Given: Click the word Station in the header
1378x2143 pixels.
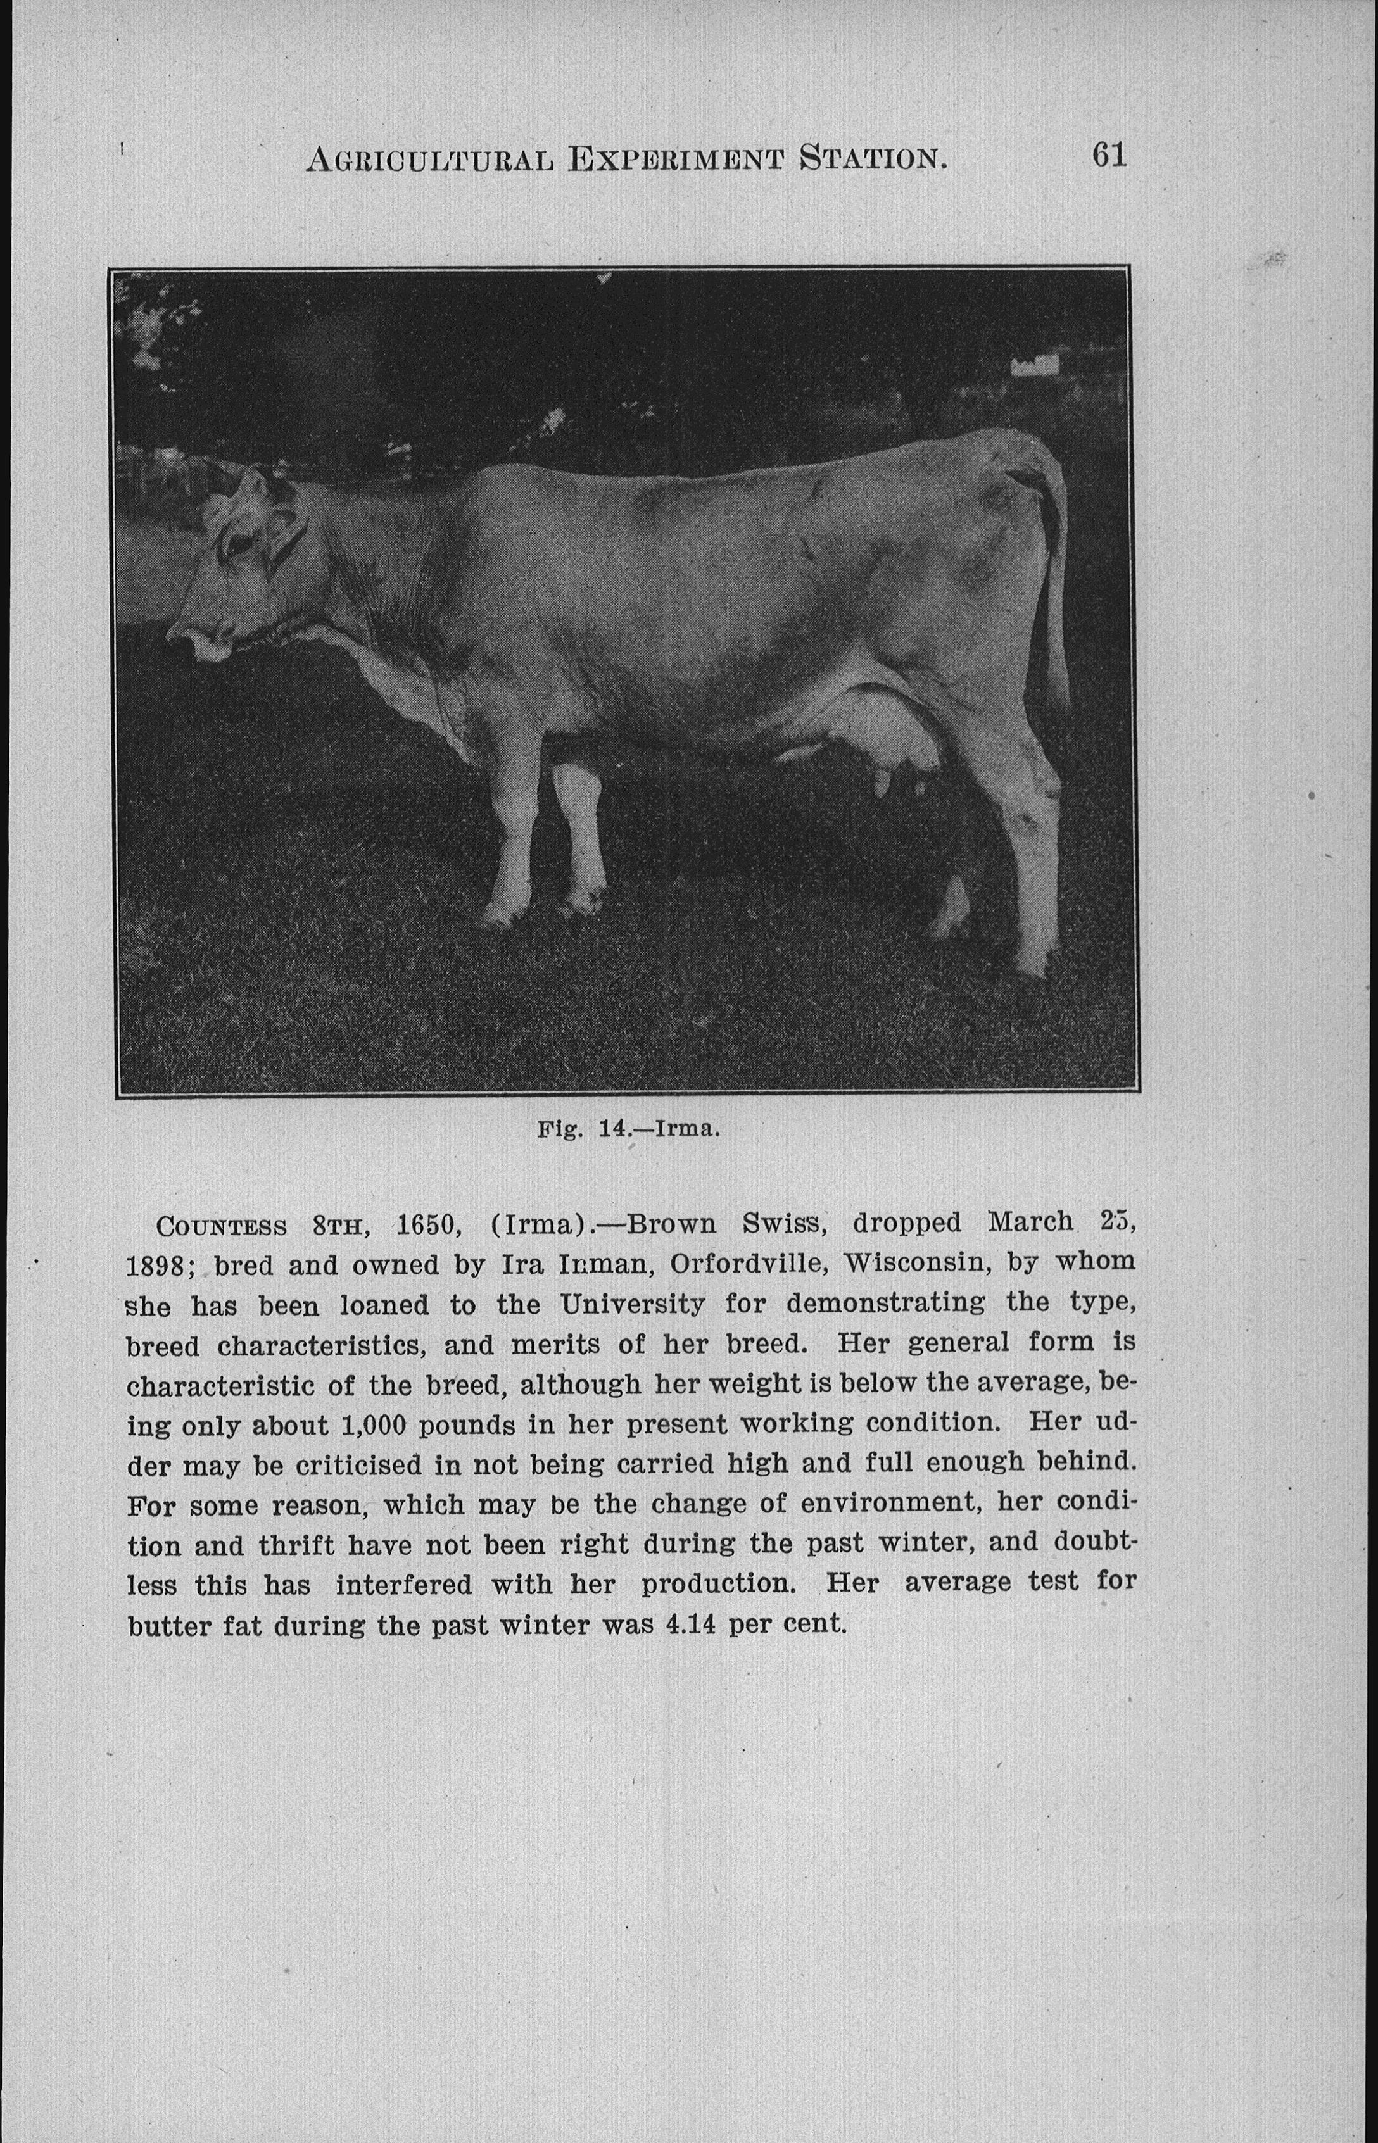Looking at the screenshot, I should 873,159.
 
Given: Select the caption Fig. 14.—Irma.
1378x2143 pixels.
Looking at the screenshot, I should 628,1128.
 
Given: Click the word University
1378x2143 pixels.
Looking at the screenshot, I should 632,1305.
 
